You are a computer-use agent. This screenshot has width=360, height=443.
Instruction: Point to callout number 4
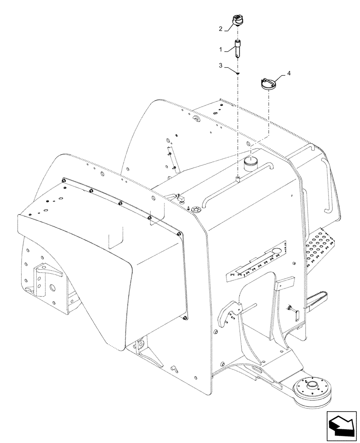pos(289,74)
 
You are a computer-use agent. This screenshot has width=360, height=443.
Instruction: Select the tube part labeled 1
pos(238,49)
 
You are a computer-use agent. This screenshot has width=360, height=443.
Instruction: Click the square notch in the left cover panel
pos(116,240)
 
